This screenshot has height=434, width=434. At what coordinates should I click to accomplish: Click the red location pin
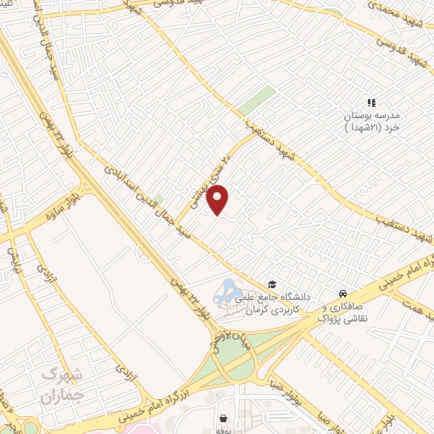click(219, 201)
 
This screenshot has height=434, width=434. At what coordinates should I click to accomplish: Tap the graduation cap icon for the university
click(272, 284)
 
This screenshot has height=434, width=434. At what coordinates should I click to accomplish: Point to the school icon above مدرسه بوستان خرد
click(371, 103)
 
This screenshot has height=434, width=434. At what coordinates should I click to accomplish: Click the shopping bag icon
click(223, 418)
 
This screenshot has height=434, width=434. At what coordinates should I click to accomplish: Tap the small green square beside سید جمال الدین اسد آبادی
click(158, 200)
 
